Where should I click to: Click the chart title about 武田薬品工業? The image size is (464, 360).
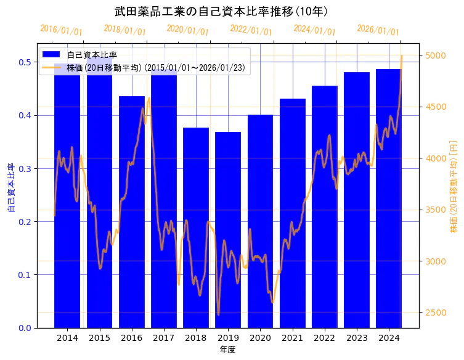(221, 12)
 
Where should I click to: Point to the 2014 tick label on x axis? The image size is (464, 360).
(67, 338)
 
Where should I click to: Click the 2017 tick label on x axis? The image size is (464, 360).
(164, 338)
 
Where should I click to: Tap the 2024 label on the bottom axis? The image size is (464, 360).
(389, 338)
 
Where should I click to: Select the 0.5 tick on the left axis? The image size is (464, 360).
(25, 62)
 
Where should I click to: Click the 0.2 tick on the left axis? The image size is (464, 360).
(25, 222)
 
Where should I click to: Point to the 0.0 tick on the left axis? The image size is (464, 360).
(25, 328)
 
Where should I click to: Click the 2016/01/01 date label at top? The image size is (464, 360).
(61, 30)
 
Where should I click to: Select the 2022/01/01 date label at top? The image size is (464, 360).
(251, 30)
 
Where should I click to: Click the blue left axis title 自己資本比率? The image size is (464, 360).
(10, 188)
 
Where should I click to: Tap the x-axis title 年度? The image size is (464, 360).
(227, 350)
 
